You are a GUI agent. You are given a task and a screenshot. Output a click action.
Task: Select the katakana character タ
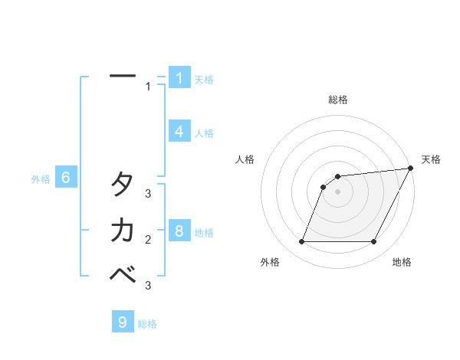[123, 184]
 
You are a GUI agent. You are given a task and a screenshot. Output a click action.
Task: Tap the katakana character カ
[123, 230]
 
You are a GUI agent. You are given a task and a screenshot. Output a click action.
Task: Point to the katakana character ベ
[123, 273]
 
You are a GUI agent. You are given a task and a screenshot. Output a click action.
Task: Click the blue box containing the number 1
[179, 78]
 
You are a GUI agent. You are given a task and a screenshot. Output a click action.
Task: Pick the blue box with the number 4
[179, 132]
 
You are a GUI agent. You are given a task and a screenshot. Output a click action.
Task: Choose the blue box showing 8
[179, 231]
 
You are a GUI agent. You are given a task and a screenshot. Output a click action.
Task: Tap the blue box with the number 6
[66, 178]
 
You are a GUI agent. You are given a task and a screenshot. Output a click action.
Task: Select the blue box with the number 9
[123, 322]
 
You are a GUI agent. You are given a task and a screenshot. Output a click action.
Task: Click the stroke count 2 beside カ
[149, 240]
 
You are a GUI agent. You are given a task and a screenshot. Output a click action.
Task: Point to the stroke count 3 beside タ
[149, 194]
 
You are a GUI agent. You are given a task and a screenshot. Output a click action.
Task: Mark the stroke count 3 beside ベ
[149, 285]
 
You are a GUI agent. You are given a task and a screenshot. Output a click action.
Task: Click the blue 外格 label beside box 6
[41, 179]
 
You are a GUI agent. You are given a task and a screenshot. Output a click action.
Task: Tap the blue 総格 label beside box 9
[147, 324]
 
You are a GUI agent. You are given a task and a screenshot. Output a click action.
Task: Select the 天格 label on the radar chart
[431, 159]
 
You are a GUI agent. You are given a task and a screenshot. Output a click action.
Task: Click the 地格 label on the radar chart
[402, 263]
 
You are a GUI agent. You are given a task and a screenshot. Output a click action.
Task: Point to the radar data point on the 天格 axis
[410, 169]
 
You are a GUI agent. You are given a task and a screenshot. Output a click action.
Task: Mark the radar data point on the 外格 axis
[301, 242]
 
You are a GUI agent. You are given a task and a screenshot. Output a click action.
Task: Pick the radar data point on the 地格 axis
[373, 242]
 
